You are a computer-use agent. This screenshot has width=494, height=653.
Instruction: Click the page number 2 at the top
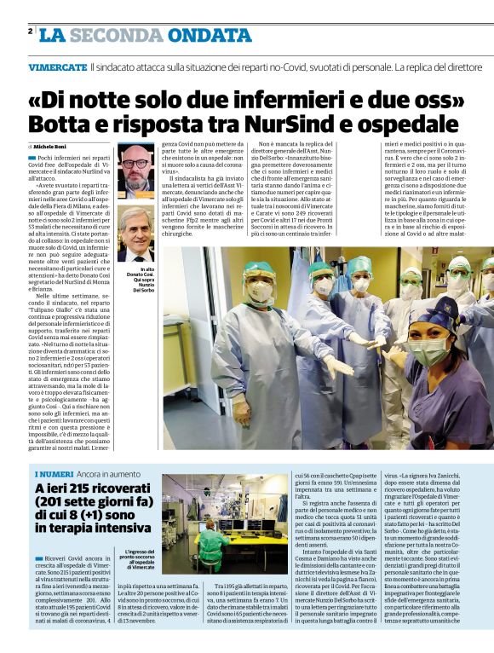click(30, 31)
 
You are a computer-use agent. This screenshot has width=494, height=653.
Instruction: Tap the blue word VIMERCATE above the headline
click(56, 66)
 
